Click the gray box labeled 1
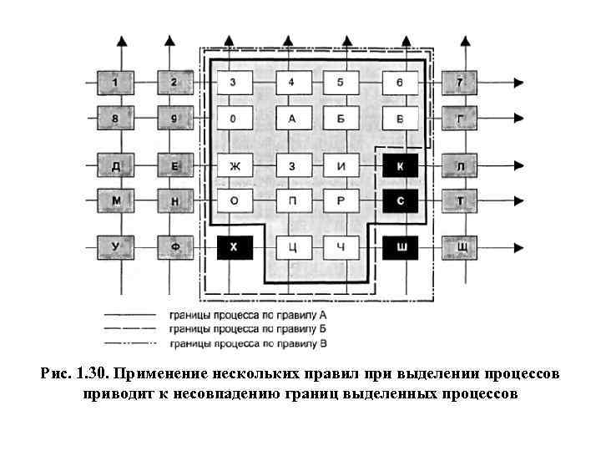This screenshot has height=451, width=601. (x=115, y=82)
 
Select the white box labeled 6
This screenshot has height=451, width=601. (x=400, y=82)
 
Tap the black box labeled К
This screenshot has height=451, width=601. (x=400, y=166)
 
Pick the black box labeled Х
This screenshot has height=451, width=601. (x=234, y=247)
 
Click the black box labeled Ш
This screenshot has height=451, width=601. (x=400, y=247)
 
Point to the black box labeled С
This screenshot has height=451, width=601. (x=400, y=200)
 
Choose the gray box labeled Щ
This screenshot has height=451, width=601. (x=460, y=247)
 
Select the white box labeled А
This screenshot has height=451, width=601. (x=292, y=118)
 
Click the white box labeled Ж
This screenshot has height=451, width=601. (x=234, y=166)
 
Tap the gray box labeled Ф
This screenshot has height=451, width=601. (x=174, y=247)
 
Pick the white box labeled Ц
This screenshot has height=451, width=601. (x=292, y=247)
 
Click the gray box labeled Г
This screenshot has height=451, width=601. (x=460, y=118)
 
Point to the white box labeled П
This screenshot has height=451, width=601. (x=292, y=200)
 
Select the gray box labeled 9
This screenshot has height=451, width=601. (x=174, y=118)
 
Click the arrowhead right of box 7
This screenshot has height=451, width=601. (x=518, y=82)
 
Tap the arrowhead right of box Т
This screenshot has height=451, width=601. (x=518, y=200)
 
